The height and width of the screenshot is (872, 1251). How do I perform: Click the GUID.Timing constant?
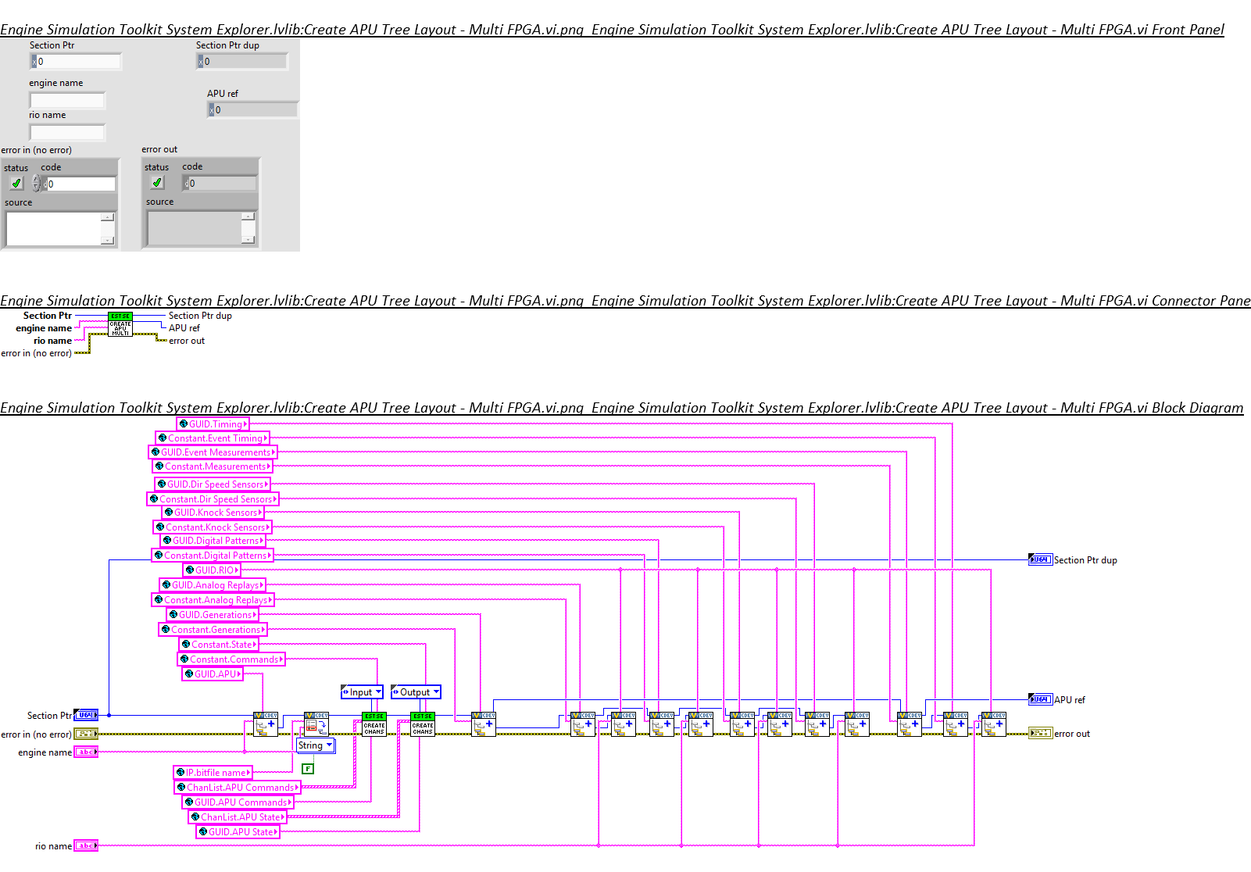[x=213, y=424]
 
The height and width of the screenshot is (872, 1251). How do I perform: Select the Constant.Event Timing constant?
[x=213, y=438]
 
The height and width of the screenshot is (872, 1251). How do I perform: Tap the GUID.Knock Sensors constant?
[x=213, y=513]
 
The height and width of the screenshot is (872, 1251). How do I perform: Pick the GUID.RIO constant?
[x=212, y=570]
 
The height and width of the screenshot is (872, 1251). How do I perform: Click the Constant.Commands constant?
[x=231, y=659]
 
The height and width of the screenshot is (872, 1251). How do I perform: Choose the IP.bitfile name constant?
[x=213, y=773]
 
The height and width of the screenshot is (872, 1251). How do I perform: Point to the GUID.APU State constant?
[x=238, y=832]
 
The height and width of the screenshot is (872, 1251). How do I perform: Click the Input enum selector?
[x=362, y=692]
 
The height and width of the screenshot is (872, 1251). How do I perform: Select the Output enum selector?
[x=416, y=692]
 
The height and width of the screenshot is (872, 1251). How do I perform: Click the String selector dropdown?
[x=316, y=745]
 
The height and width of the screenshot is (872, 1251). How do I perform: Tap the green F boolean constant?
[x=308, y=769]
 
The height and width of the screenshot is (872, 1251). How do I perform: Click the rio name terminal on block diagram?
[x=86, y=845]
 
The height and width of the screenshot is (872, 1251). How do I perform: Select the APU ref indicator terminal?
[x=1040, y=699]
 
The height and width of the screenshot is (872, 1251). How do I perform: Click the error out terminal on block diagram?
[x=1040, y=733]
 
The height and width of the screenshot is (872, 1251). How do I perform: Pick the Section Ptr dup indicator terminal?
[x=1040, y=559]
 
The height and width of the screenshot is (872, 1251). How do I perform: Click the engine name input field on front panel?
[x=67, y=100]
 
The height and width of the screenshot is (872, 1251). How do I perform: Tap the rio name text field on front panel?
[x=67, y=132]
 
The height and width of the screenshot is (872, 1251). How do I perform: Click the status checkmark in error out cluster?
[x=157, y=183]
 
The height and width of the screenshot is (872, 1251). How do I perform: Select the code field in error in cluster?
[x=80, y=184]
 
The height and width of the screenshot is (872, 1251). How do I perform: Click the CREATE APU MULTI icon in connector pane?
[x=120, y=324]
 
